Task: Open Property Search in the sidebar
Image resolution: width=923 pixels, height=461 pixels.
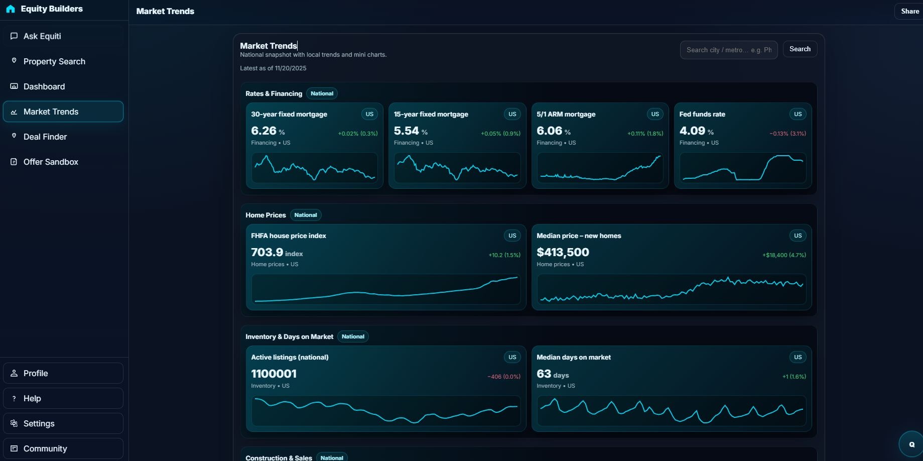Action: click(54, 61)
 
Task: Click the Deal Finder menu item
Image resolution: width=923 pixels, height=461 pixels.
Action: click(45, 137)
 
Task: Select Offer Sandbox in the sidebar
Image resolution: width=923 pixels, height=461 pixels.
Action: click(51, 162)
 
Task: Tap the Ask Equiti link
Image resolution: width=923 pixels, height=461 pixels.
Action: click(42, 36)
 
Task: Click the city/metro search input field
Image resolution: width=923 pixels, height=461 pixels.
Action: click(728, 50)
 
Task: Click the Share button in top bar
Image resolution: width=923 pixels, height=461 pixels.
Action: click(909, 11)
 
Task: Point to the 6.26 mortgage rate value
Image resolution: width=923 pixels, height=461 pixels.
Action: click(264, 131)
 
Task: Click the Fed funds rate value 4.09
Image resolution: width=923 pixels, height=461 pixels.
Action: click(692, 131)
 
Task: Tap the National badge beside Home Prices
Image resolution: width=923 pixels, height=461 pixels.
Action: click(305, 215)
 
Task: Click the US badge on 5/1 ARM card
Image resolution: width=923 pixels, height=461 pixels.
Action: click(654, 114)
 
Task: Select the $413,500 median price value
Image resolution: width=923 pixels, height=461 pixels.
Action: click(563, 252)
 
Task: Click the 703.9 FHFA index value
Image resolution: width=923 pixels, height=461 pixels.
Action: click(267, 252)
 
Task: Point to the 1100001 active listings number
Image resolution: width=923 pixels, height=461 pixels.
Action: click(274, 374)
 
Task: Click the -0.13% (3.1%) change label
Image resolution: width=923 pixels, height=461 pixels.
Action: click(787, 134)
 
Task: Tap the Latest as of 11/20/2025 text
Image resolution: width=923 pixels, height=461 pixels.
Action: click(273, 68)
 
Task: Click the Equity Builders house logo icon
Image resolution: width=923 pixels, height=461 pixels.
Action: click(11, 9)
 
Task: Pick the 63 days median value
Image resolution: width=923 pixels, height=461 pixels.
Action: click(544, 374)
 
